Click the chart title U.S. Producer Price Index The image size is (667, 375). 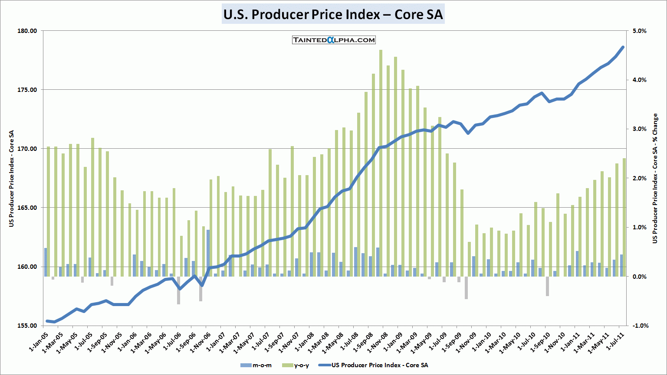tap(333, 14)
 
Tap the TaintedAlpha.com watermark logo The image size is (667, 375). tap(334, 40)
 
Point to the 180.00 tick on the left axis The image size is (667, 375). tap(27, 31)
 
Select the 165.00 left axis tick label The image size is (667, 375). tap(27, 208)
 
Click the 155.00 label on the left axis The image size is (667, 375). tap(27, 326)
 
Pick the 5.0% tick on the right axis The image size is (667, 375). tap(640, 31)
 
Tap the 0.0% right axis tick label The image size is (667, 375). tap(640, 277)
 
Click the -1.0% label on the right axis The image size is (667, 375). tap(639, 326)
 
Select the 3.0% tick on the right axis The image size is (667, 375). tap(640, 129)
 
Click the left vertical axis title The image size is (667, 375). tap(12, 178)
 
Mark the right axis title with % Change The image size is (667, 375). tap(655, 178)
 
